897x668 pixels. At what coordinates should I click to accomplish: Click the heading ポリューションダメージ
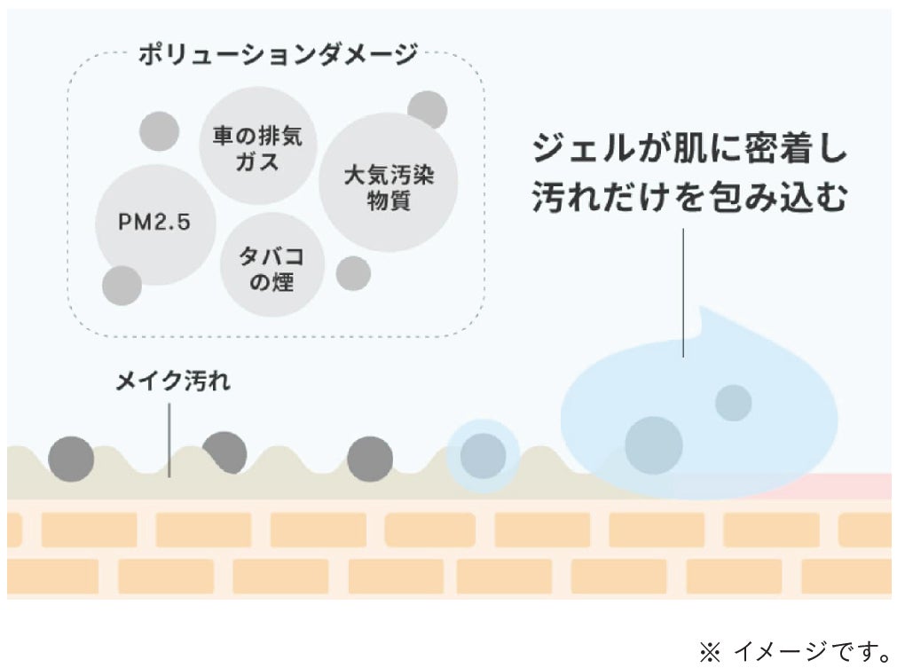tap(277, 56)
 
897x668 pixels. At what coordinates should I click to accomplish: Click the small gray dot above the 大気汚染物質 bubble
tap(428, 109)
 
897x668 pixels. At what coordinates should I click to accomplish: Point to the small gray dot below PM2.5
tap(122, 286)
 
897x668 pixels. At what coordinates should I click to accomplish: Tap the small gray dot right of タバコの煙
tap(353, 273)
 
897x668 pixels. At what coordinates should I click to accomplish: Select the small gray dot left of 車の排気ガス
tap(160, 131)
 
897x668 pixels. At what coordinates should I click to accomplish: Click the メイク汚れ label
tap(173, 383)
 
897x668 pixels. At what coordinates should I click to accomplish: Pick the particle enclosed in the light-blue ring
tap(483, 456)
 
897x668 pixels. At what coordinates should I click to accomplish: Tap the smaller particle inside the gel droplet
tap(734, 403)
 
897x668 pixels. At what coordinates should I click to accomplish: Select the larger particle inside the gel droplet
tap(653, 444)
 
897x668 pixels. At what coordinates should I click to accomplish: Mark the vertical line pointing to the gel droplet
tap(683, 293)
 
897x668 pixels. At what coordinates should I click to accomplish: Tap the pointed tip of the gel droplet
tap(703, 312)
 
